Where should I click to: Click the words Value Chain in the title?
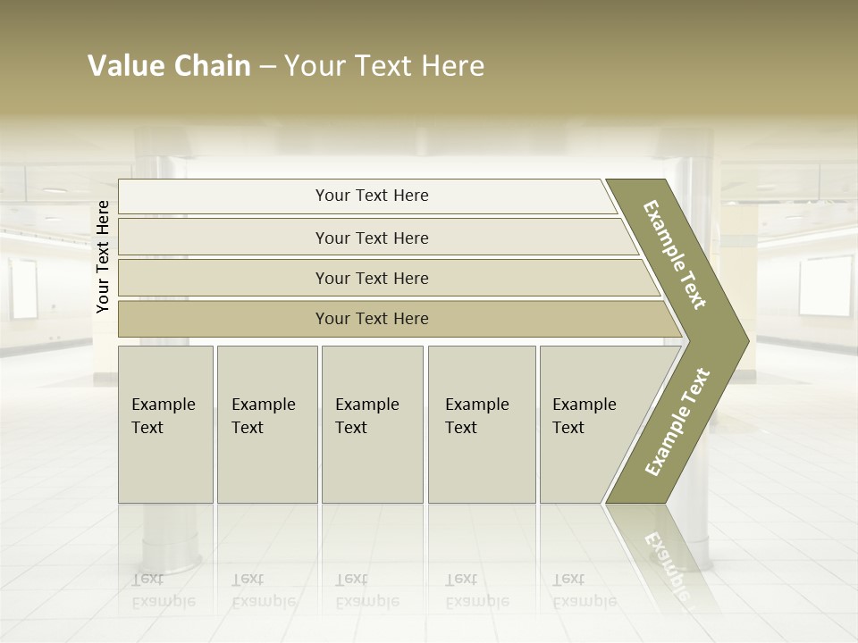click(169, 66)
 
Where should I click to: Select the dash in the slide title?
click(267, 67)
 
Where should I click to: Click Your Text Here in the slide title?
click(384, 66)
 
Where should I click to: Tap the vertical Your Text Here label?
click(103, 256)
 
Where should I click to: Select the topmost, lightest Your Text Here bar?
click(371, 196)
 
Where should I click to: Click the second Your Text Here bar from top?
click(371, 238)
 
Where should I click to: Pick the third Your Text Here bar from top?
click(371, 278)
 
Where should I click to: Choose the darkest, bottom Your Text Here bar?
click(371, 319)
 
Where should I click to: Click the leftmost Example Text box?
click(165, 424)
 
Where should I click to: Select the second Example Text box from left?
click(266, 424)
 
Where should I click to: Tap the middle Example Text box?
click(372, 424)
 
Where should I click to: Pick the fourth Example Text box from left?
click(482, 424)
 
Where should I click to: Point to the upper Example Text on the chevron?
click(675, 255)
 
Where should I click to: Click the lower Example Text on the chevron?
click(677, 422)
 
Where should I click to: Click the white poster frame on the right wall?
click(825, 286)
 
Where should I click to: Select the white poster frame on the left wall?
click(23, 288)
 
